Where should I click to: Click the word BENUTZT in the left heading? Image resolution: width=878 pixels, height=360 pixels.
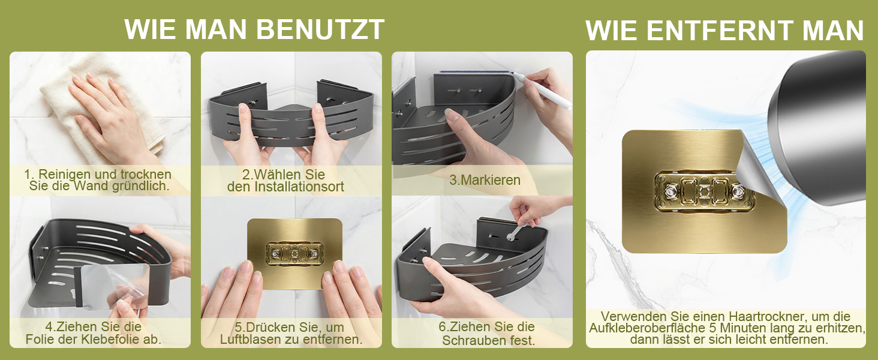click(x=320, y=29)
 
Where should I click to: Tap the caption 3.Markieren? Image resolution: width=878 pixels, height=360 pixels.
click(x=485, y=180)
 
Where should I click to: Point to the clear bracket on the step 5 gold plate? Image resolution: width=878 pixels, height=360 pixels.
click(x=294, y=254)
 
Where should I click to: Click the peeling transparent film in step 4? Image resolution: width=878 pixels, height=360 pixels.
click(x=114, y=286)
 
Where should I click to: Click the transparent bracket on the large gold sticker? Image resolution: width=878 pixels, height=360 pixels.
click(x=703, y=192)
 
